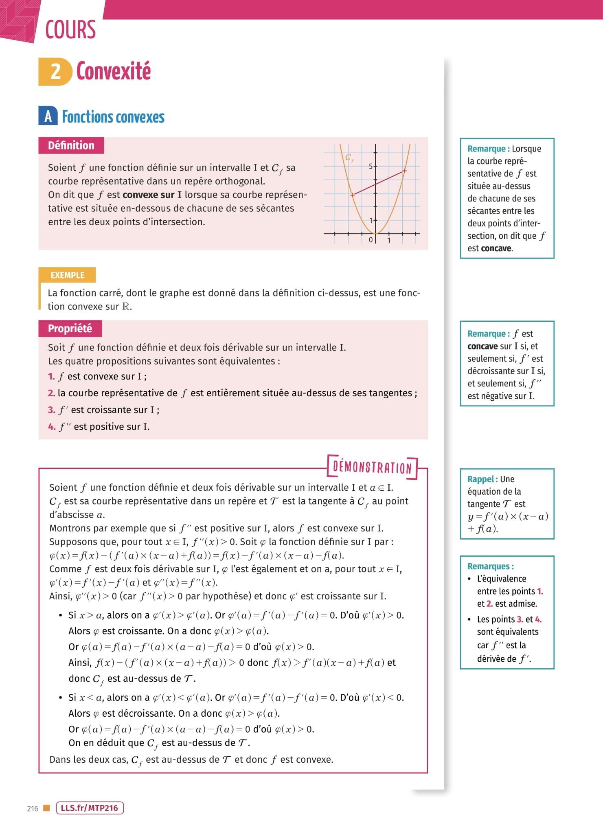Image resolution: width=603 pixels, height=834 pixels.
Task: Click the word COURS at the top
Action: click(70, 30)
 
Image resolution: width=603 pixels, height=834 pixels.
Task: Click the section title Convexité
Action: click(114, 71)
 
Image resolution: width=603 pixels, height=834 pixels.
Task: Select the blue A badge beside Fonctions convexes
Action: click(48, 116)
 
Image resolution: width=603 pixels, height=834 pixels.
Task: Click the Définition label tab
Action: click(71, 145)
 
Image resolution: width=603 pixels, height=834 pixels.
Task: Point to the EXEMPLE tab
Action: click(67, 275)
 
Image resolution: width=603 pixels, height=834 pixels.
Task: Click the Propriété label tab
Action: click(70, 329)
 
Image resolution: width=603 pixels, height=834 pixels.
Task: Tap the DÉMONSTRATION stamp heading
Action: click(372, 467)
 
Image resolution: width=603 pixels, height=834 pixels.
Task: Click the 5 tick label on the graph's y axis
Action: click(371, 166)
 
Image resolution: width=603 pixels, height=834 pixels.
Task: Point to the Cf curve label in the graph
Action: click(349, 158)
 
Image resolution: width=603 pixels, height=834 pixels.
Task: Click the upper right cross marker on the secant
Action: click(404, 171)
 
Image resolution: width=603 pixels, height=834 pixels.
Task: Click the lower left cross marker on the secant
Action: click(353, 195)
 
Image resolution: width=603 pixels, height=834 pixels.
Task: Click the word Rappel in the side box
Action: click(481, 479)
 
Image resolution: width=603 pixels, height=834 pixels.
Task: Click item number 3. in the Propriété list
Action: click(51, 410)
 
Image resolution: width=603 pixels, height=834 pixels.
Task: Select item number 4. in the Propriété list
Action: click(51, 427)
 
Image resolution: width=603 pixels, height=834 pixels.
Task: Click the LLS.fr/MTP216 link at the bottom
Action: click(90, 808)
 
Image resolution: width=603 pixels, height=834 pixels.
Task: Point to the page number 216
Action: click(33, 809)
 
